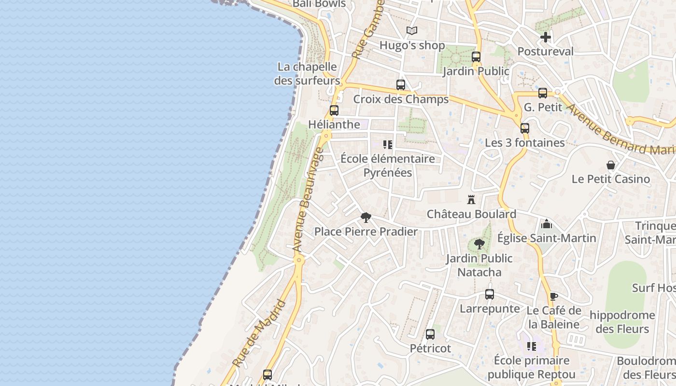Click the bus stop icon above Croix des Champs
click(x=400, y=85)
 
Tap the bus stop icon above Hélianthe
click(x=334, y=110)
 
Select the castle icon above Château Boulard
click(x=471, y=199)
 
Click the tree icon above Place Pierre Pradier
click(x=366, y=217)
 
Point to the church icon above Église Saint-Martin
click(x=547, y=224)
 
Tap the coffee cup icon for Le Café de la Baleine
click(x=553, y=296)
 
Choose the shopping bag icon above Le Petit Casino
click(x=611, y=165)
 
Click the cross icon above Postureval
click(x=546, y=37)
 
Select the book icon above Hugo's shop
click(x=411, y=31)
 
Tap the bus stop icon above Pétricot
click(x=430, y=334)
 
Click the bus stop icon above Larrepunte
click(x=489, y=294)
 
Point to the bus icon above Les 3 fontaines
click(x=525, y=128)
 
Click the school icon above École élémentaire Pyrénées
click(x=387, y=145)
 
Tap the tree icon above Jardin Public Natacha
click(x=479, y=244)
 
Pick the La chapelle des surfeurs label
click(x=307, y=74)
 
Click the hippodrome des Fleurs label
click(x=622, y=322)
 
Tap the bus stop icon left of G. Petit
click(x=543, y=93)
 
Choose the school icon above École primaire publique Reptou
click(x=531, y=346)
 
